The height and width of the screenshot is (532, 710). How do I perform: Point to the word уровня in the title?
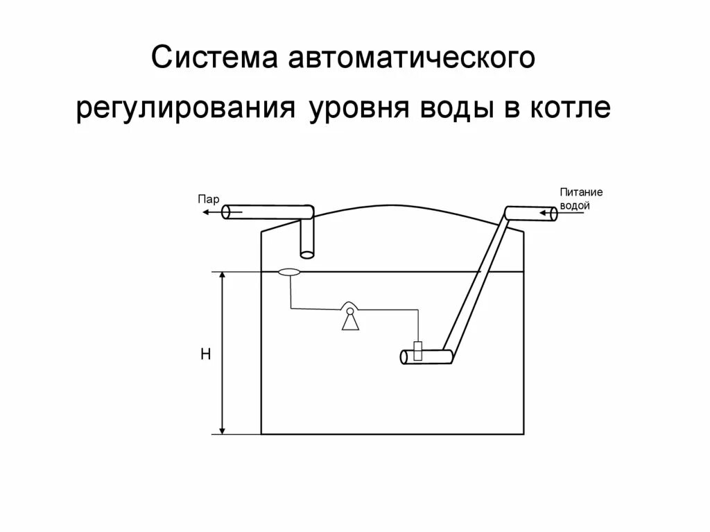[x=351, y=111]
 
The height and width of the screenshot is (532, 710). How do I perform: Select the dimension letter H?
[x=205, y=354]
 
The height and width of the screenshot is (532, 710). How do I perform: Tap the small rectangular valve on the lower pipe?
[x=418, y=351]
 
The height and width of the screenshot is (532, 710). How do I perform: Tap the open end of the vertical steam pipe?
[x=306, y=254]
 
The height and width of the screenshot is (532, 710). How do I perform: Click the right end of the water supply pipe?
[x=553, y=214]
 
